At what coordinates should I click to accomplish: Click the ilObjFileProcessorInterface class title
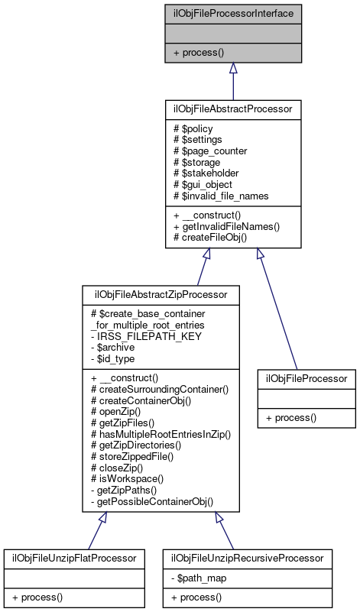232,13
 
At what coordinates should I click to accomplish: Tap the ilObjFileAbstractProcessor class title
232,109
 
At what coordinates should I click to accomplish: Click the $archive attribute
110,346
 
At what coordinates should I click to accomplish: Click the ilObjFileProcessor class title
306,378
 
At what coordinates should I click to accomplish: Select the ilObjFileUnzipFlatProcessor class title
74,559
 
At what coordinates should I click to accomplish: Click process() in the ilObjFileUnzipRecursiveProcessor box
196,596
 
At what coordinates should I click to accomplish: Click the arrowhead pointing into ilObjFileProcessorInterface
232,67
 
